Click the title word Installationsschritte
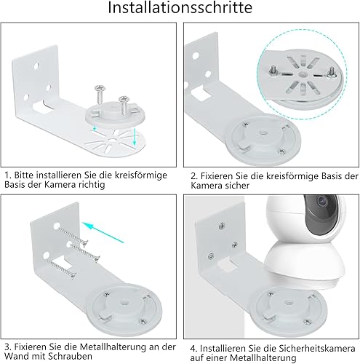pyautogui.click(x=180, y=7)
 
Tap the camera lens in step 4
pyautogui.click(x=321, y=201)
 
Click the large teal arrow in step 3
pyautogui.click(x=103, y=232)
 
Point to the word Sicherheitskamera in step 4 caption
pyautogui.click(x=317, y=349)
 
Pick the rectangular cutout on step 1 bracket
pyautogui.click(x=42, y=107)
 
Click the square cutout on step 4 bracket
pyautogui.click(x=228, y=264)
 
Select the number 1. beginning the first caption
pyautogui.click(x=9, y=175)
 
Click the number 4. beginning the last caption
pyautogui.click(x=193, y=349)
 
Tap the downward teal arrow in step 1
pyautogui.click(x=135, y=137)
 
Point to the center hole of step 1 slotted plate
pyautogui.click(x=112, y=140)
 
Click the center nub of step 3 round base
pyautogui.click(x=124, y=303)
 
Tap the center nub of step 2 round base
pyautogui.click(x=263, y=132)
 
